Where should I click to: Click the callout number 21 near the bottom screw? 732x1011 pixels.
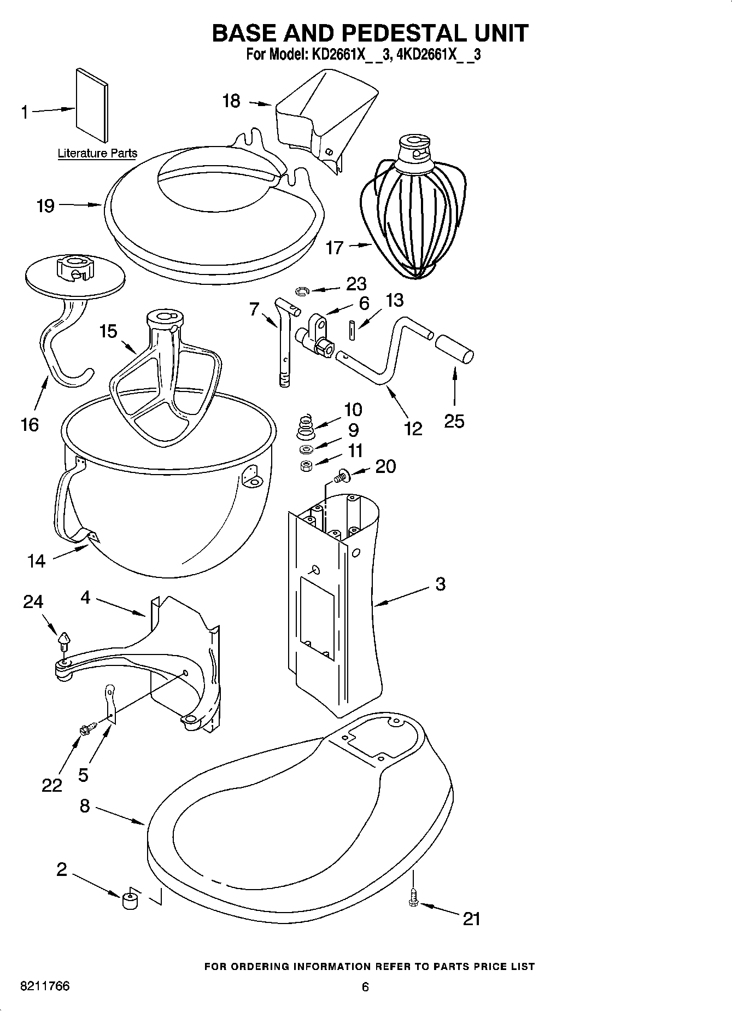tap(471, 919)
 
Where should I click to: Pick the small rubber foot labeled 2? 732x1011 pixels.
tap(129, 899)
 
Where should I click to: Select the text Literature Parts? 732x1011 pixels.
tap(97, 153)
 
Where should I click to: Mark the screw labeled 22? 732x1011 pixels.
tap(88, 728)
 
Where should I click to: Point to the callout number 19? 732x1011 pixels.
tap(45, 206)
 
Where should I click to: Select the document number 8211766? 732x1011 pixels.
tap(44, 986)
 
